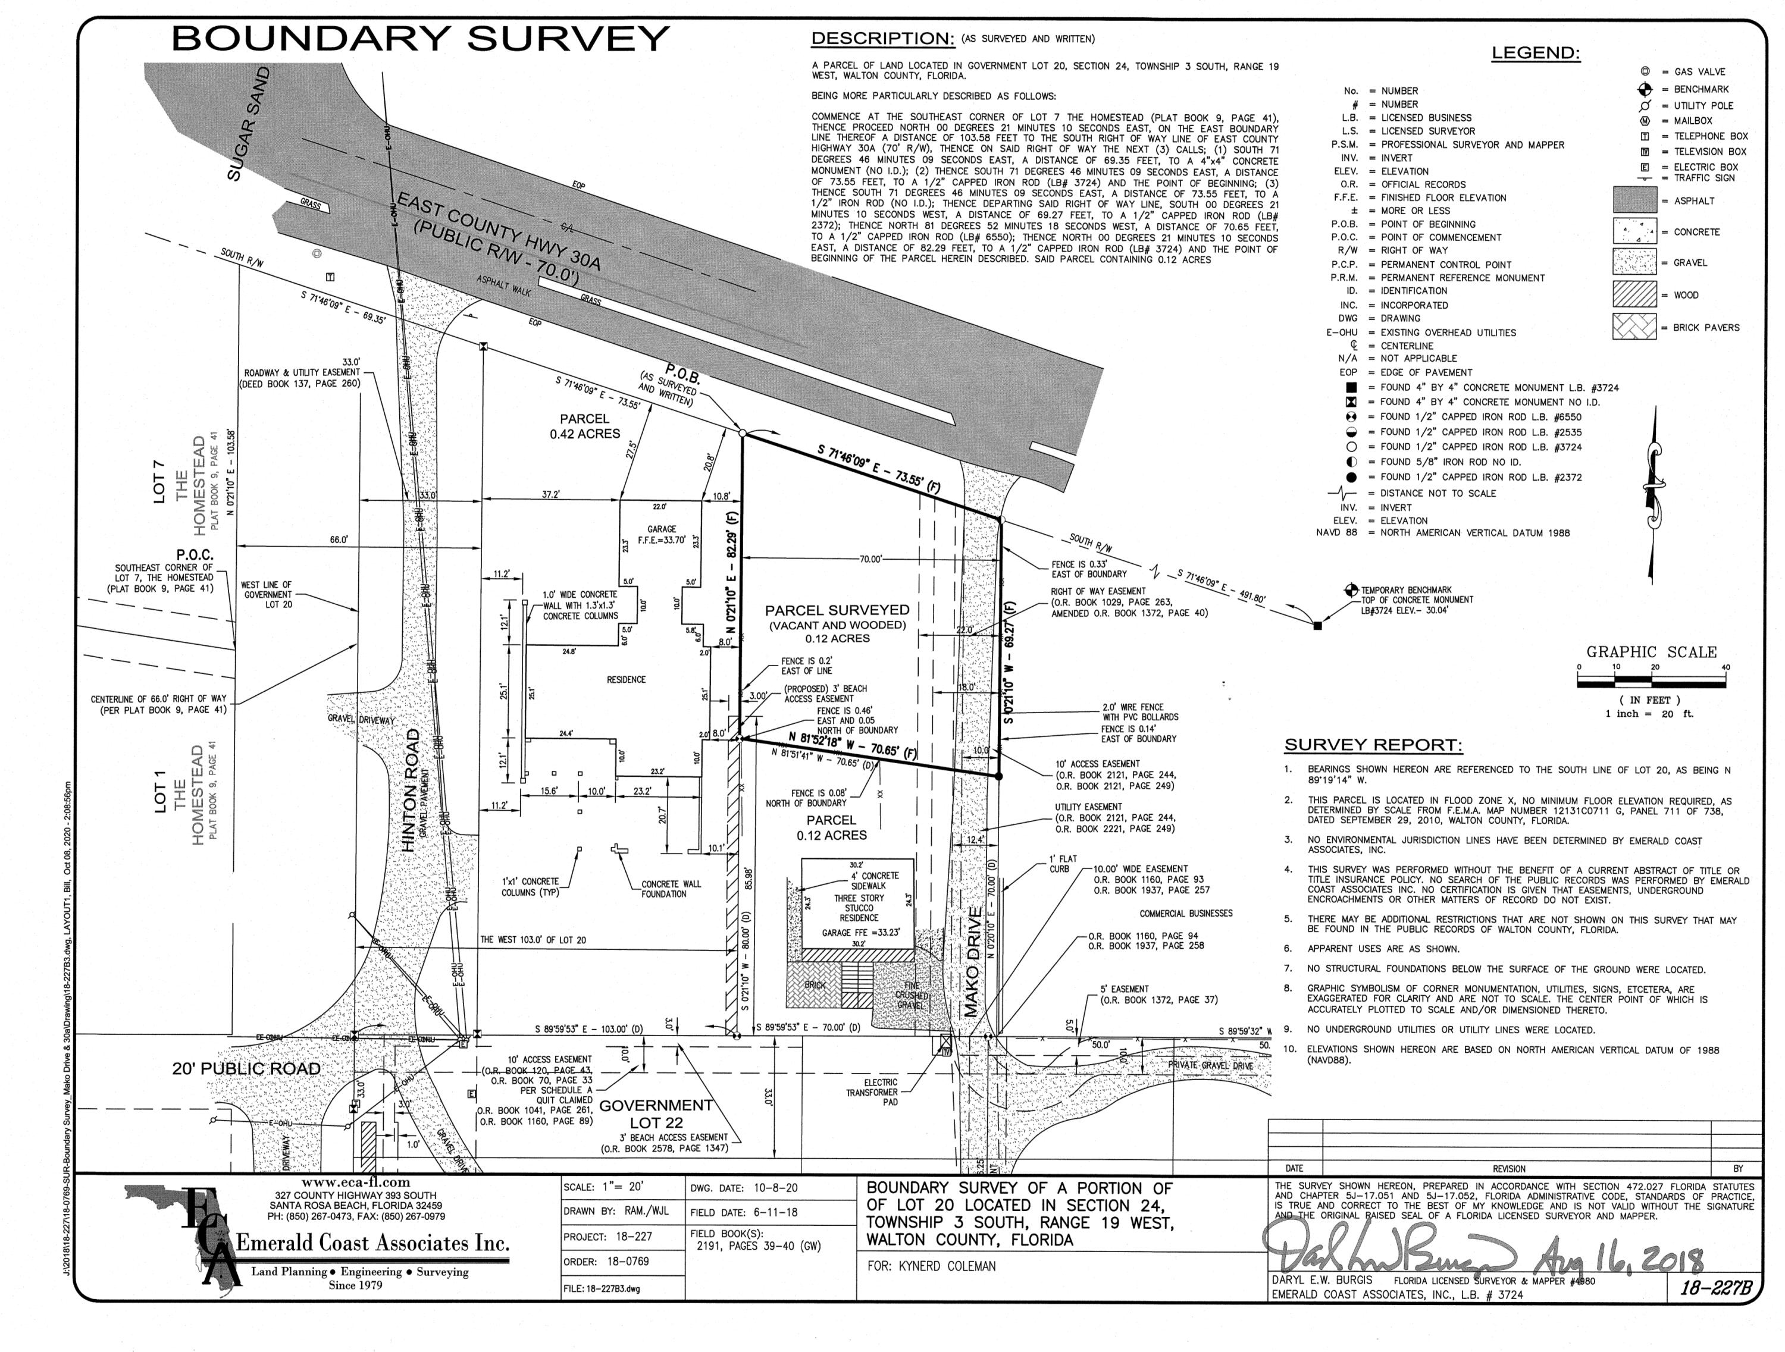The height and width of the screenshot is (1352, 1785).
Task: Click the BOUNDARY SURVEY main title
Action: [419, 39]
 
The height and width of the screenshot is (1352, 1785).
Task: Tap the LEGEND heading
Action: [1535, 54]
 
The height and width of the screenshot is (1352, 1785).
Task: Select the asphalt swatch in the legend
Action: [1634, 200]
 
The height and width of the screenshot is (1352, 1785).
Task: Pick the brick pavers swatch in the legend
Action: [1634, 327]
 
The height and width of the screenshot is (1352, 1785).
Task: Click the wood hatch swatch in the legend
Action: [1634, 294]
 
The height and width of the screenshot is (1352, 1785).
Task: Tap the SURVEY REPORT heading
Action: [1373, 745]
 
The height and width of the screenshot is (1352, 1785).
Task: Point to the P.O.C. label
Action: [195, 555]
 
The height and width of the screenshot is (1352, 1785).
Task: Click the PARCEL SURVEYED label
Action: [837, 611]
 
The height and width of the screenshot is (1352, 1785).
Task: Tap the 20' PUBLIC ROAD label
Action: [246, 1069]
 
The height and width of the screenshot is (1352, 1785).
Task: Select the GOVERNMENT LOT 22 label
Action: [656, 1113]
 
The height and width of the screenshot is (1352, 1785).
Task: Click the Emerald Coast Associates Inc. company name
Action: [372, 1243]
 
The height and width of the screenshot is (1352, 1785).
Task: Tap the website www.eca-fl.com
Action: [356, 1182]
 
